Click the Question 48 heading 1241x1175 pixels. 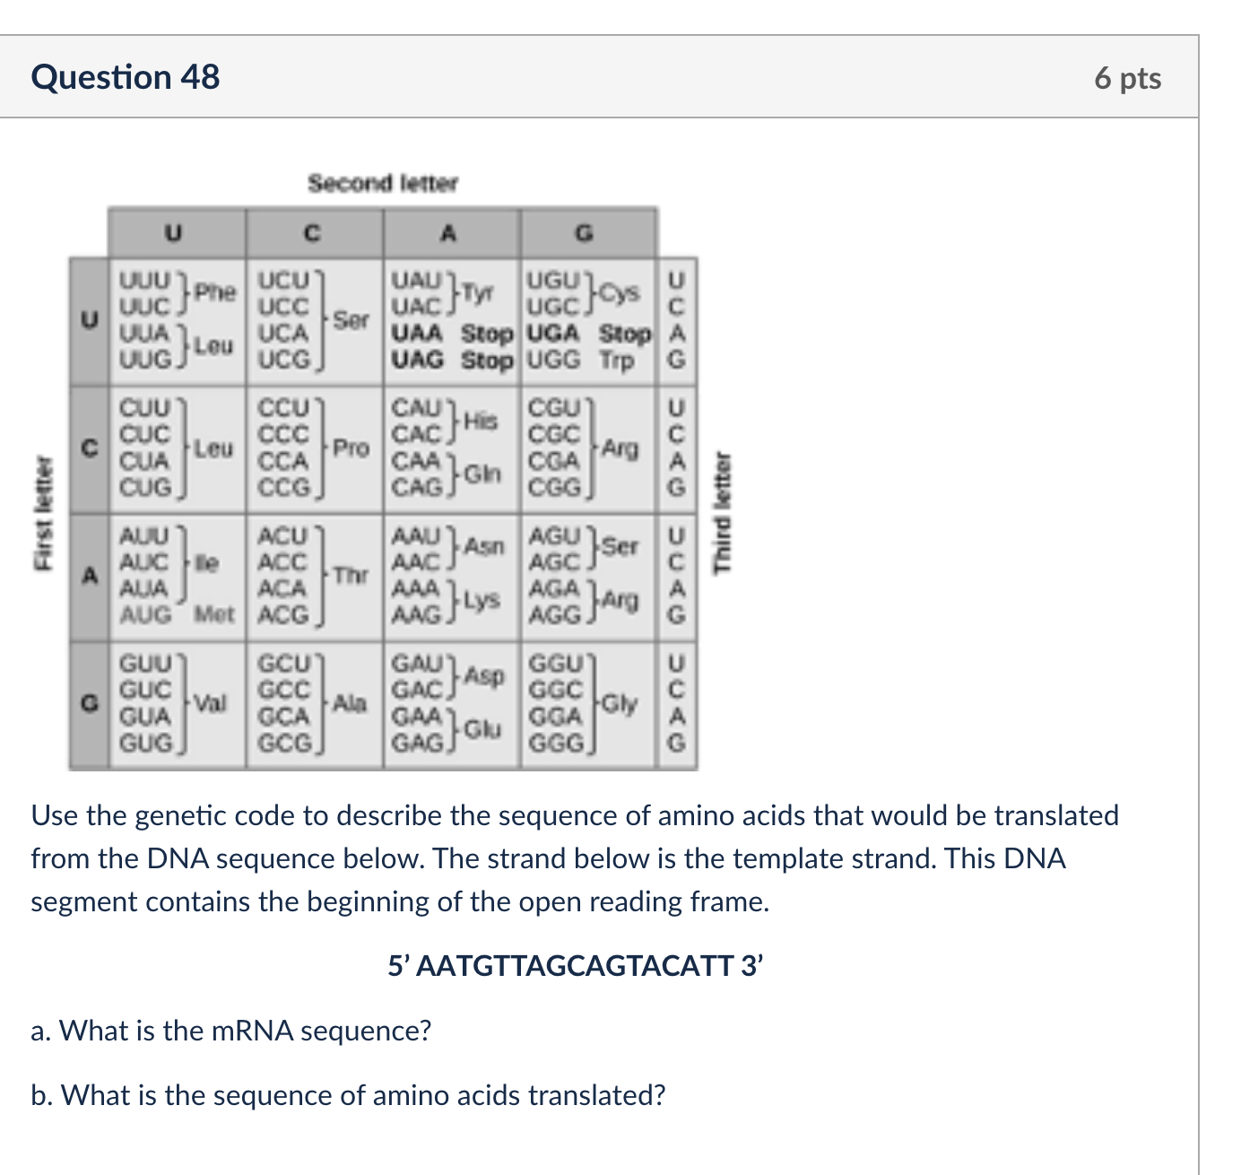pyautogui.click(x=126, y=78)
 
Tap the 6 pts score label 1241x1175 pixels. pyautogui.click(x=1127, y=79)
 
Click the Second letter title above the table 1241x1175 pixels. pyautogui.click(x=383, y=183)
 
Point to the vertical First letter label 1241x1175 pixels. pyautogui.click(x=39, y=513)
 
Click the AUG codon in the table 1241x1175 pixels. pyautogui.click(x=145, y=615)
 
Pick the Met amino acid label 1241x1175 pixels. pyautogui.click(x=214, y=615)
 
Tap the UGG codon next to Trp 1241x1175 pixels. pyautogui.click(x=554, y=361)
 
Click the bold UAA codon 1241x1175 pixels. pyautogui.click(x=418, y=334)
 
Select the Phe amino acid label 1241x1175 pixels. pyautogui.click(x=215, y=292)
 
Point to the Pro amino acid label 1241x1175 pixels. pyautogui.click(x=351, y=448)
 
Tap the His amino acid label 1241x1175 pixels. pyautogui.click(x=482, y=420)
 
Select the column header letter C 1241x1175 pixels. pyautogui.click(x=312, y=234)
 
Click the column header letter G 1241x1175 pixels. pyautogui.click(x=585, y=234)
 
